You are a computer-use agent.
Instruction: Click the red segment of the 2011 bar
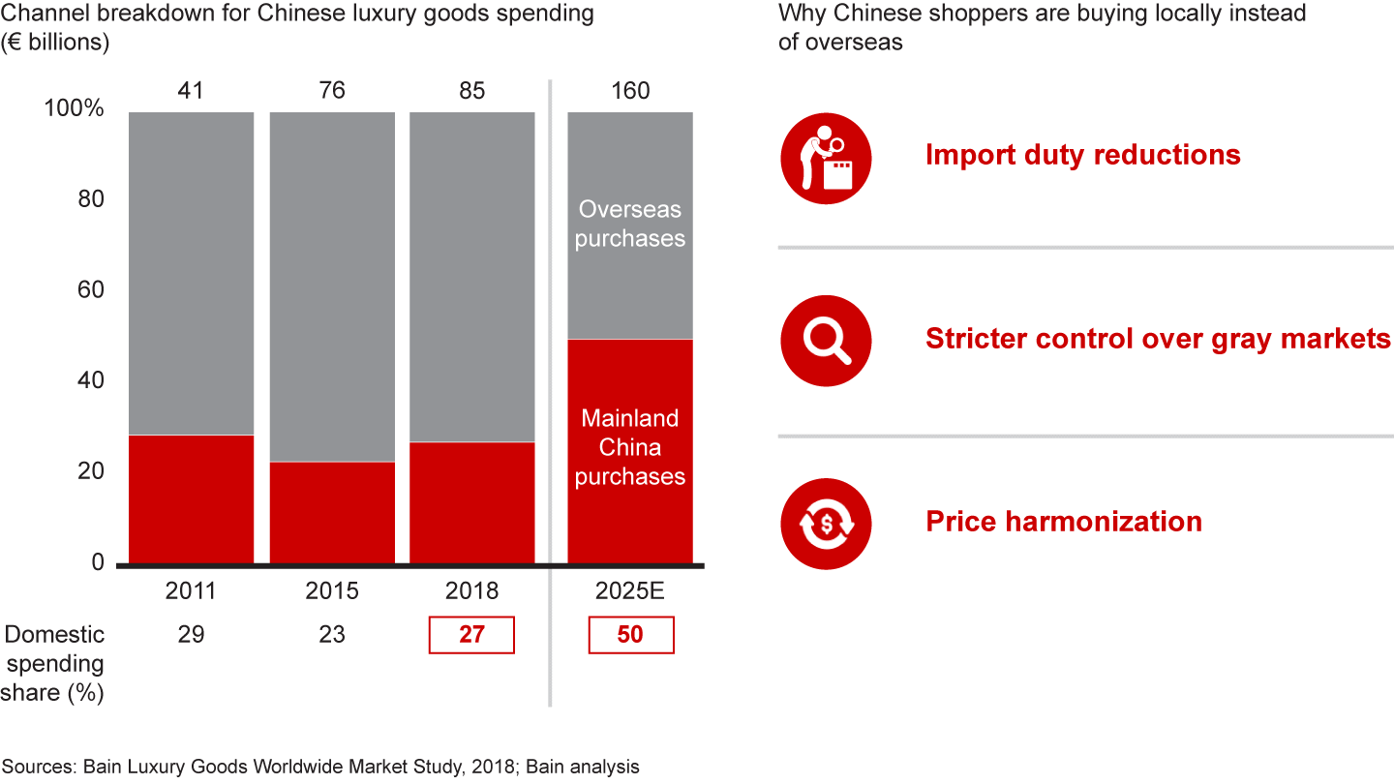pyautogui.click(x=192, y=498)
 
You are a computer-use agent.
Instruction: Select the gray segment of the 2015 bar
pyautogui.click(x=332, y=286)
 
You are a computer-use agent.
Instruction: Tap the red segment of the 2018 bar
pyautogui.click(x=472, y=502)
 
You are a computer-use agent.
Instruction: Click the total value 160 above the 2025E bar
pyautogui.click(x=630, y=91)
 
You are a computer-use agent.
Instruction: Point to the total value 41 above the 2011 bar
pyautogui.click(x=192, y=91)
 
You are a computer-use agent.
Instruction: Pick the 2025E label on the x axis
pyautogui.click(x=630, y=590)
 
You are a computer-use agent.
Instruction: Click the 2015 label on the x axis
pyautogui.click(x=332, y=590)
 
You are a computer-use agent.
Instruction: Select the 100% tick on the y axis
pyautogui.click(x=75, y=108)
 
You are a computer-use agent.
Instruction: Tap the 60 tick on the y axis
pyautogui.click(x=90, y=290)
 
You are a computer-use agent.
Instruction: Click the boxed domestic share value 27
pyautogui.click(x=472, y=635)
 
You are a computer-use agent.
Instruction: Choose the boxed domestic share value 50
pyautogui.click(x=630, y=635)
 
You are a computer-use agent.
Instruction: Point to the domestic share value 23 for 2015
pyautogui.click(x=332, y=635)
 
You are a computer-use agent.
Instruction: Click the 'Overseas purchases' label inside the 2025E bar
pyautogui.click(x=630, y=224)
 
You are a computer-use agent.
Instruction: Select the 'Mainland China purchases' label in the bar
pyautogui.click(x=630, y=447)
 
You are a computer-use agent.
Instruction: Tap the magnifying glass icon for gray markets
pyautogui.click(x=826, y=340)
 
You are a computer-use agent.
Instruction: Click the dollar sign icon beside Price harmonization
pyautogui.click(x=826, y=524)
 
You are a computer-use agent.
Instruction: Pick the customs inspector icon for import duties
pyautogui.click(x=826, y=158)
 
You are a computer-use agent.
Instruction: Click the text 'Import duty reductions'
pyautogui.click(x=1082, y=155)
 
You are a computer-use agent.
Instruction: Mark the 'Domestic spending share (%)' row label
pyautogui.click(x=54, y=664)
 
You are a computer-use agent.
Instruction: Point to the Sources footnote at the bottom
pyautogui.click(x=320, y=767)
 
